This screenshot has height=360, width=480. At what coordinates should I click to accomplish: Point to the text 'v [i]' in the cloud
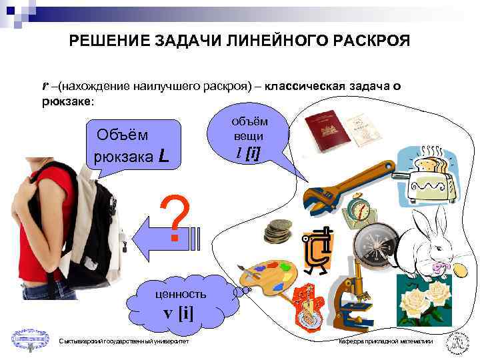coord(178,313)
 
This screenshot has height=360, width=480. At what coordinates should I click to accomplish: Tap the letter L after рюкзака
coord(164,157)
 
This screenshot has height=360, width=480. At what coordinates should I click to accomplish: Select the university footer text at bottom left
coord(123,342)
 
